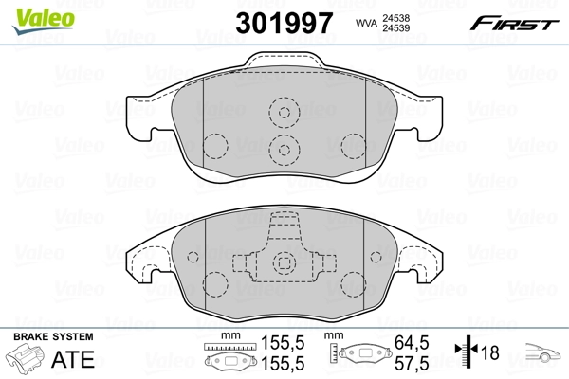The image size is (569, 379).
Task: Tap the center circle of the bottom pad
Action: pyautogui.click(x=284, y=265)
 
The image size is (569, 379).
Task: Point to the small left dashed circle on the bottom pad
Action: pyautogui.click(x=193, y=256)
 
